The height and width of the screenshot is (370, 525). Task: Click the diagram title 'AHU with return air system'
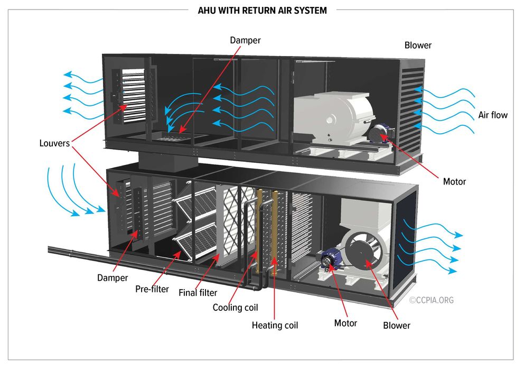click(262, 10)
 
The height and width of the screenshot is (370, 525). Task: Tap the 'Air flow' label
click(492, 115)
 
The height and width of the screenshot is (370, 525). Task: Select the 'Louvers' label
click(54, 143)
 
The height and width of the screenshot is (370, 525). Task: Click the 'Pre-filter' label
click(152, 289)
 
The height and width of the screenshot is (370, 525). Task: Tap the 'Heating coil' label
click(275, 325)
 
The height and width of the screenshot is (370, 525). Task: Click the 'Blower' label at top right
click(417, 45)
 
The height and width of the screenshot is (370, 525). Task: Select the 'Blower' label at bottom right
click(396, 325)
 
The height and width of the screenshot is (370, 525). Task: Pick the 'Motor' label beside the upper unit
click(454, 181)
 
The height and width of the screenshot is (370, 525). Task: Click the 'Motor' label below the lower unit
click(345, 323)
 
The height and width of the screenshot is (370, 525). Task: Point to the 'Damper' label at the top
click(245, 40)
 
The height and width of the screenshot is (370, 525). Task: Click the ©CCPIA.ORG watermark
click(431, 300)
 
